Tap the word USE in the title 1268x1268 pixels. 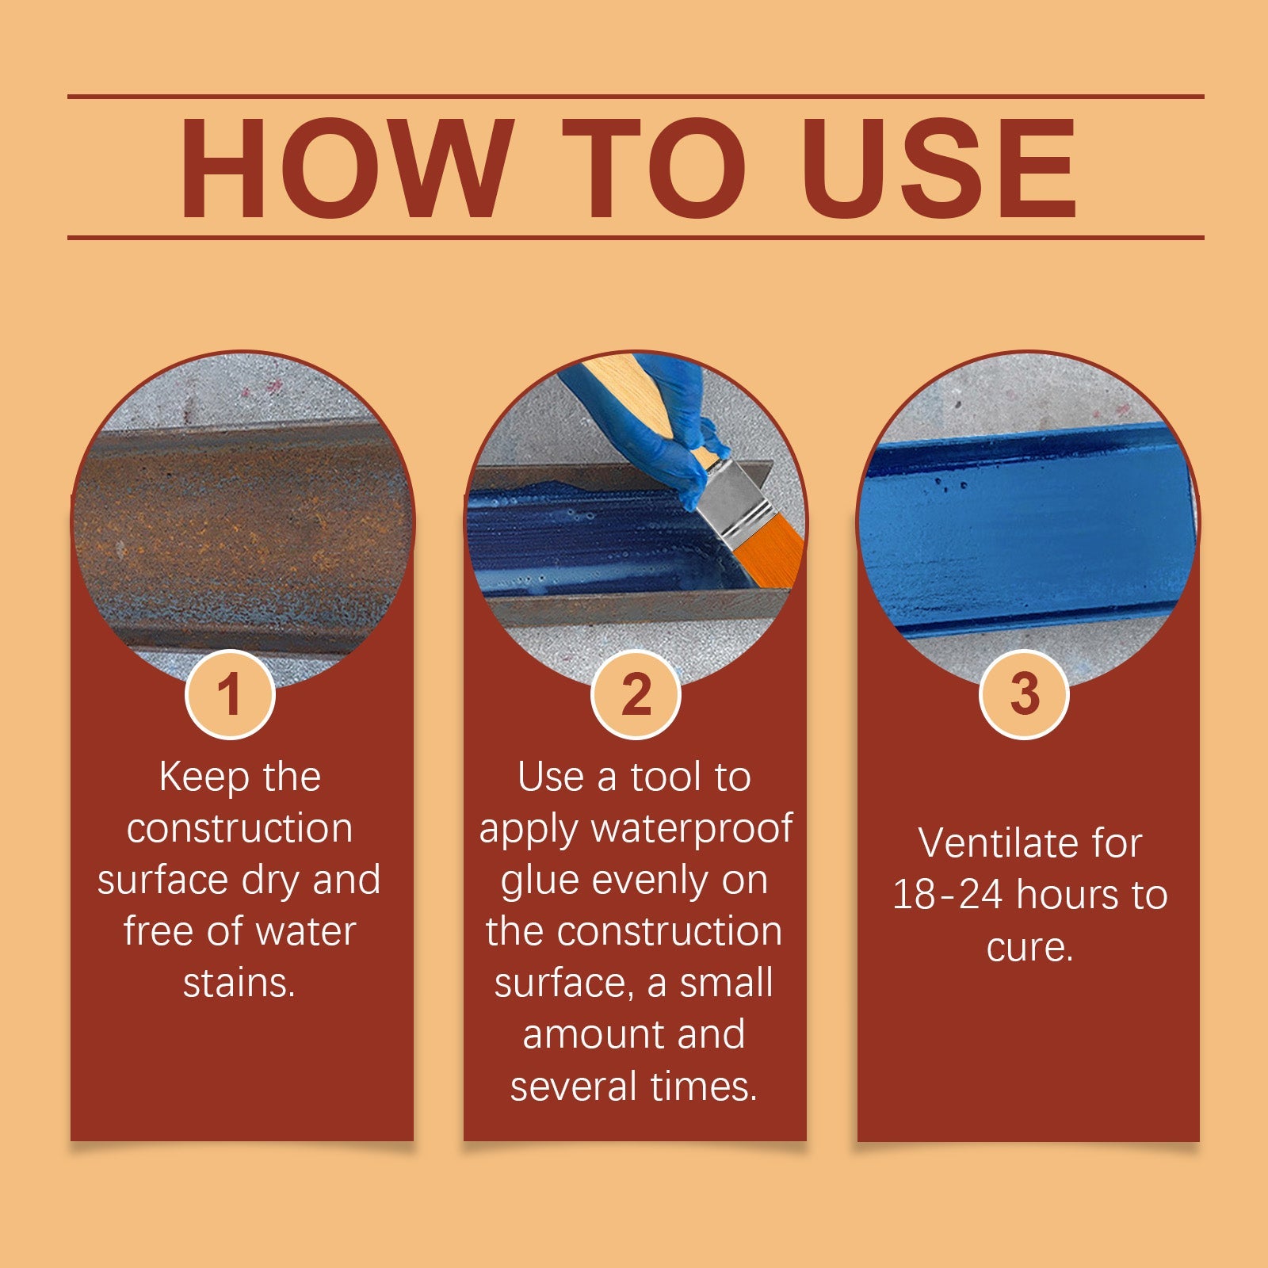click(x=939, y=168)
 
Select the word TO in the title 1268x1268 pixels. click(x=653, y=168)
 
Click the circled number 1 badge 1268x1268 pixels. click(x=230, y=694)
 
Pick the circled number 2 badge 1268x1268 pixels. click(x=636, y=694)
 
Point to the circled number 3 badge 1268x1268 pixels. click(x=1024, y=694)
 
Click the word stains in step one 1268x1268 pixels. click(x=238, y=983)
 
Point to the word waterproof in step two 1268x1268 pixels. click(x=691, y=829)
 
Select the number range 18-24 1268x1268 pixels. click(x=948, y=895)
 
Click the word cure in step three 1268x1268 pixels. click(x=1028, y=947)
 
